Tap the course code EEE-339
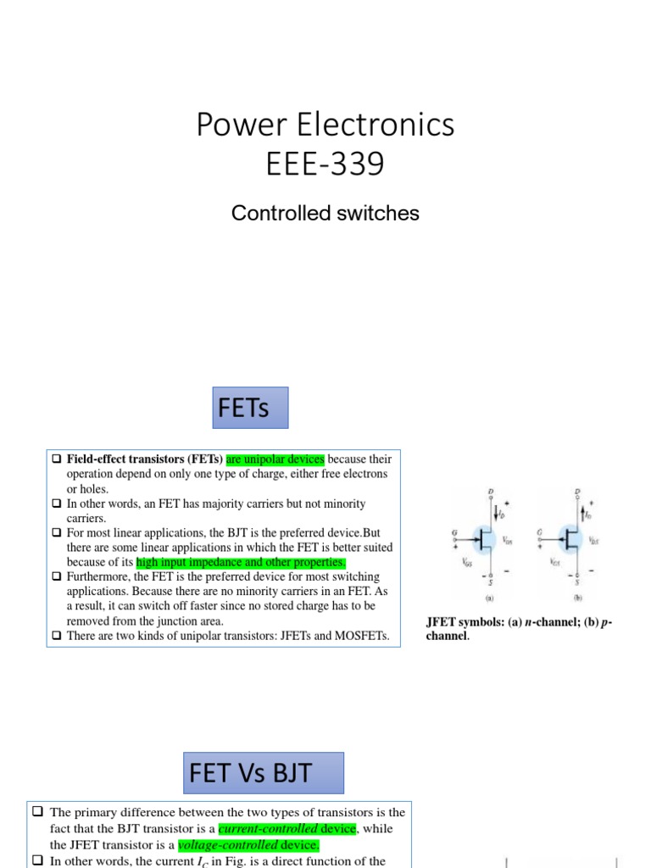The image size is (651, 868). pos(325,164)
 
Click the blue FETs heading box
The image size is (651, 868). pos(250,409)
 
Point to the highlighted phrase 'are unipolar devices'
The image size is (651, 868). pos(275,459)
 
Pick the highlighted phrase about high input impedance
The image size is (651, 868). pos(241,562)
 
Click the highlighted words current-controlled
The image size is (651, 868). pos(287,828)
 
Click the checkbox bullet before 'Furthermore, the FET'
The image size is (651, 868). pos(57,577)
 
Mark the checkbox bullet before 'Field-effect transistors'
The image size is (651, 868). pos(57,459)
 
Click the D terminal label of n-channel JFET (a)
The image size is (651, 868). pos(491,491)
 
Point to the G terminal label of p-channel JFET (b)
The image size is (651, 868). pos(538,532)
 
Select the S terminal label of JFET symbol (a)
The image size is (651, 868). pos(491,581)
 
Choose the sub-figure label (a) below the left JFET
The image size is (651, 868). pos(491,596)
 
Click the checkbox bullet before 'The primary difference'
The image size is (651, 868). pos(38,812)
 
